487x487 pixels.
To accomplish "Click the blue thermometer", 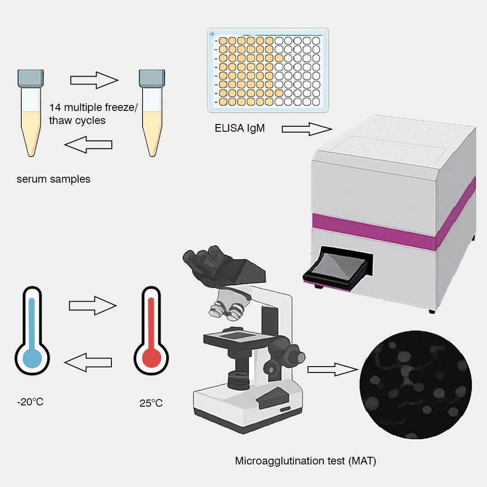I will coord(32,334).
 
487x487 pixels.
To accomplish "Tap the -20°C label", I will coord(30,401).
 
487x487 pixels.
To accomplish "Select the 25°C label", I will coord(151,403).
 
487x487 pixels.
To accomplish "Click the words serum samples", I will coord(54,179).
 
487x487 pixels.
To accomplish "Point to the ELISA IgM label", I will coord(239,128).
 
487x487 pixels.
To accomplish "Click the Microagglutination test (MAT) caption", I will coord(305,461).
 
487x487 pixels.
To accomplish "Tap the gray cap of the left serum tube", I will coord(31,78).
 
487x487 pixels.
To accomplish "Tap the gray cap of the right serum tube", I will coord(152,78).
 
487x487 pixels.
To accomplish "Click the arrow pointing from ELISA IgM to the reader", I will coord(307,129).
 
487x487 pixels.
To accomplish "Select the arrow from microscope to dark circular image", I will coord(331,370).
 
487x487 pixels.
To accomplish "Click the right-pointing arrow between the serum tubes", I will coord(94,80).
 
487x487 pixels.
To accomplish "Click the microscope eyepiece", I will coord(203,264).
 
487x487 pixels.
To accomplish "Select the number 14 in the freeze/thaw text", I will coord(55,107).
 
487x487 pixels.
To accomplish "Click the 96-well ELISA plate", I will coord(267,70).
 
